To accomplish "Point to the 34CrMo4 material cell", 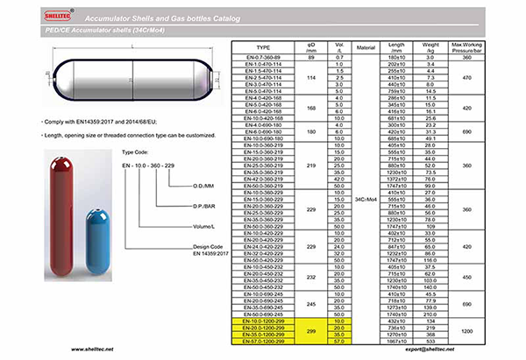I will point(366,200).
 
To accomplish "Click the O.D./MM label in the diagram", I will point(203,187).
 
